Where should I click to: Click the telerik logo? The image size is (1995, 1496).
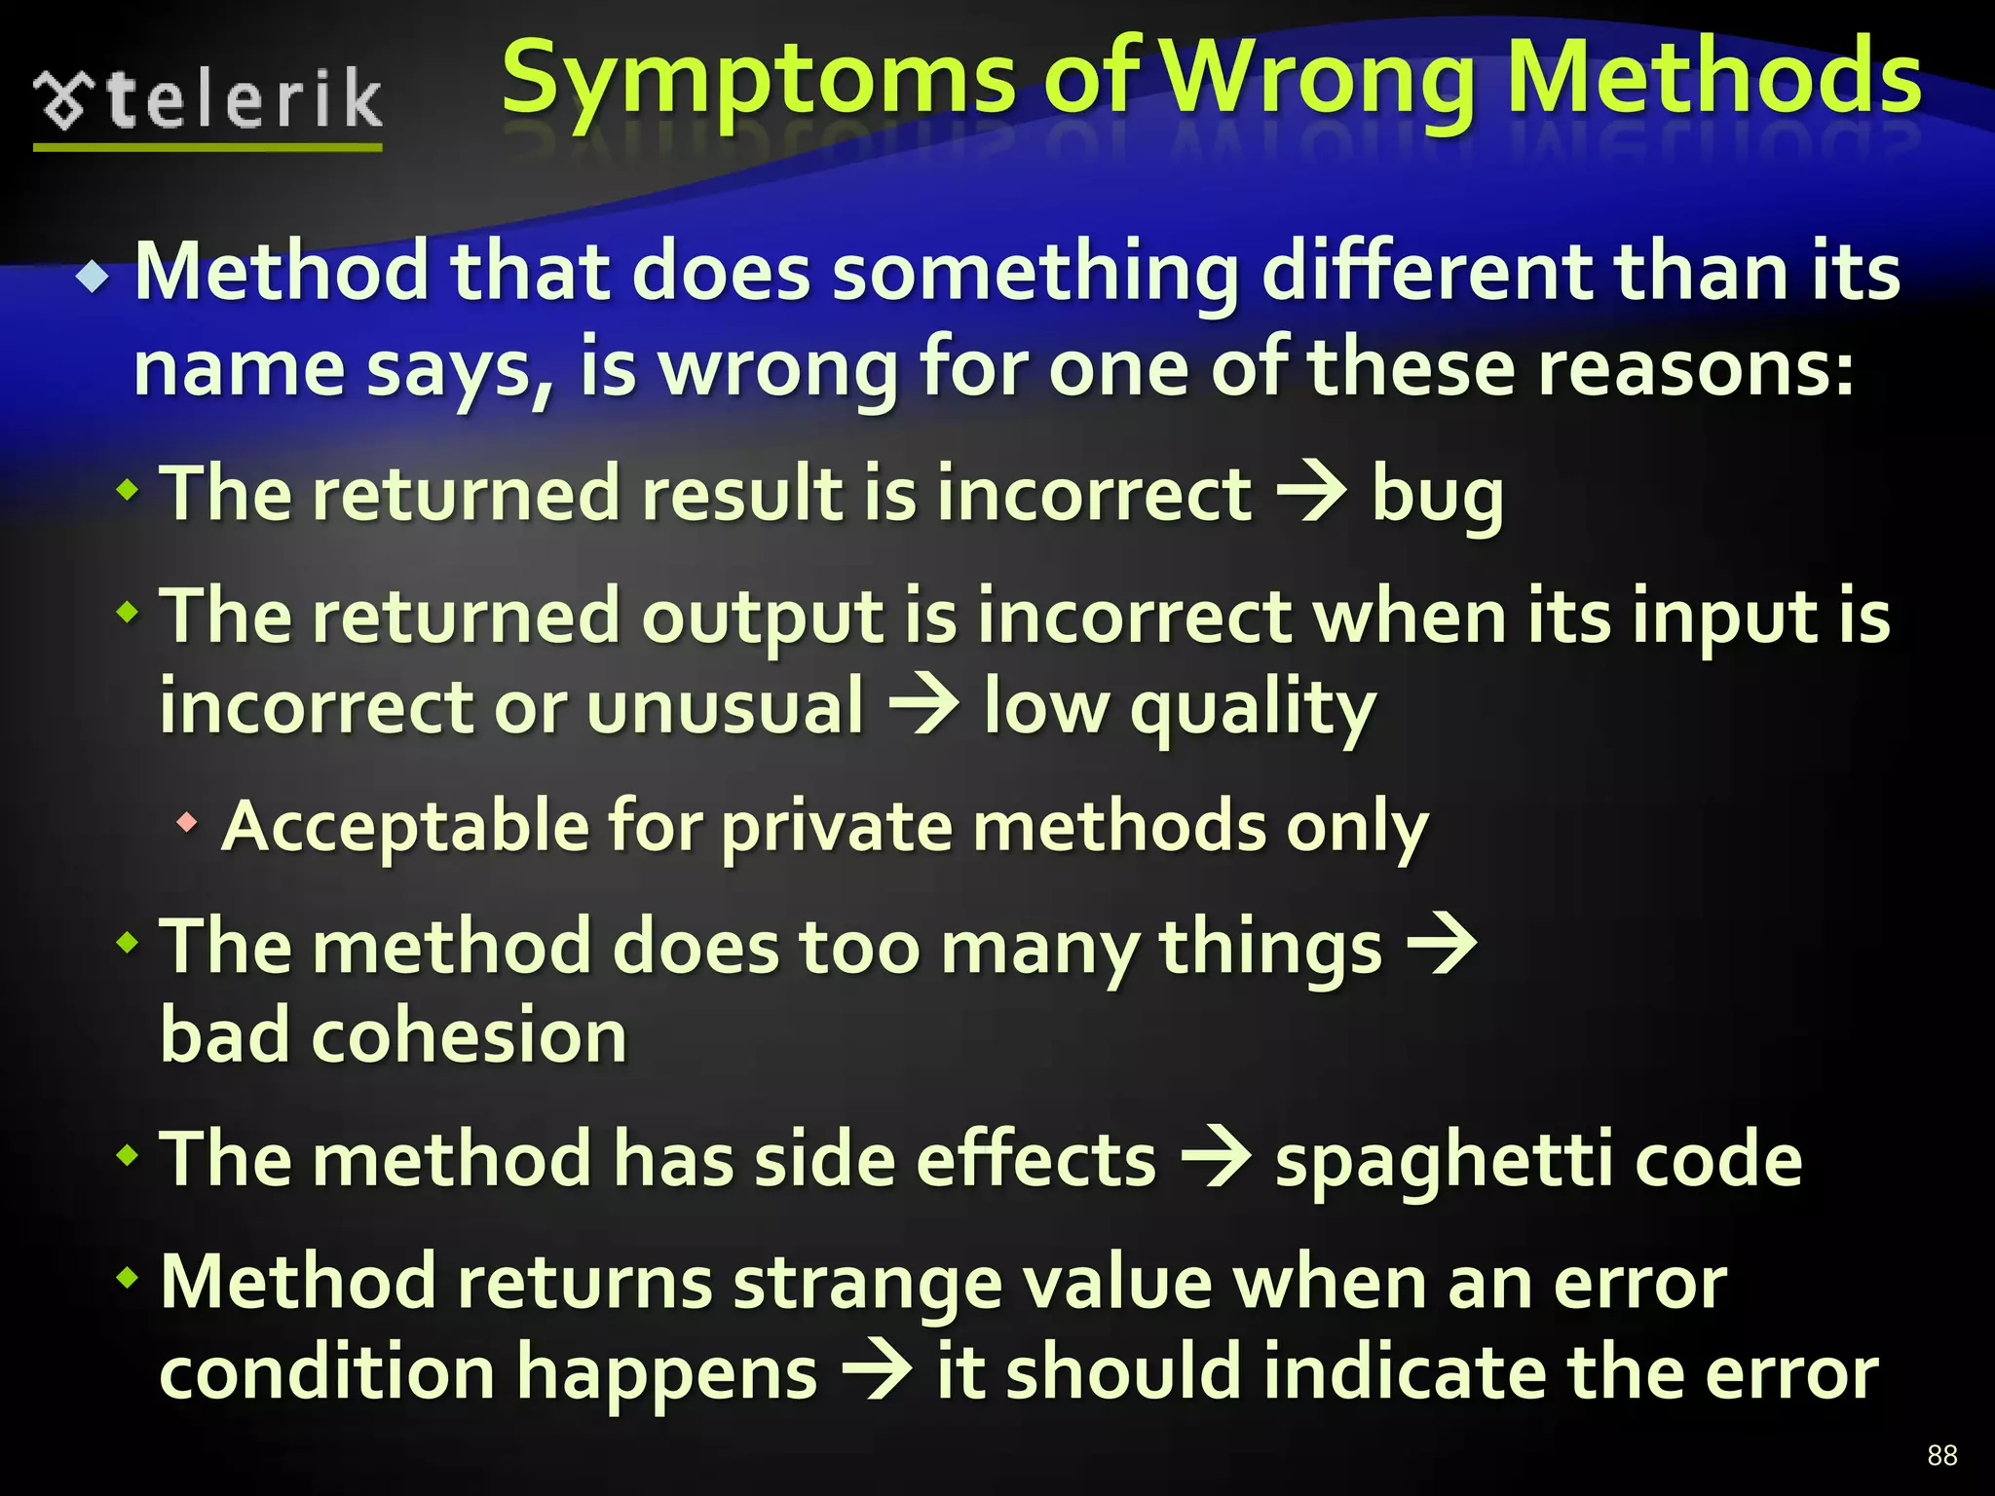(x=207, y=103)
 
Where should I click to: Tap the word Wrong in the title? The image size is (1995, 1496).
(x=1322, y=80)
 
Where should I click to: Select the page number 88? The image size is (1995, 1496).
(x=1941, y=1455)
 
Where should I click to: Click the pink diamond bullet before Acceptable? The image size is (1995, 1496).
(x=187, y=824)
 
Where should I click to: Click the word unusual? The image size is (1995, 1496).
(x=725, y=706)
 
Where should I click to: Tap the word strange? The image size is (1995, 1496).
(x=867, y=1284)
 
